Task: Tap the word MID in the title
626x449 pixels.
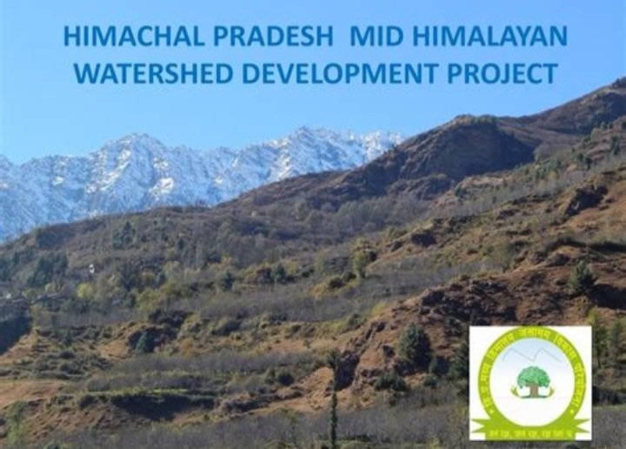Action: [375, 37]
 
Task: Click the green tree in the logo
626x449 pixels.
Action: [532, 377]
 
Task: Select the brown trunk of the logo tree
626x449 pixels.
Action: [532, 389]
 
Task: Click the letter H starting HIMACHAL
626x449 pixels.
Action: [72, 37]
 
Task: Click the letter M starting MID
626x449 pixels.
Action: [359, 37]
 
